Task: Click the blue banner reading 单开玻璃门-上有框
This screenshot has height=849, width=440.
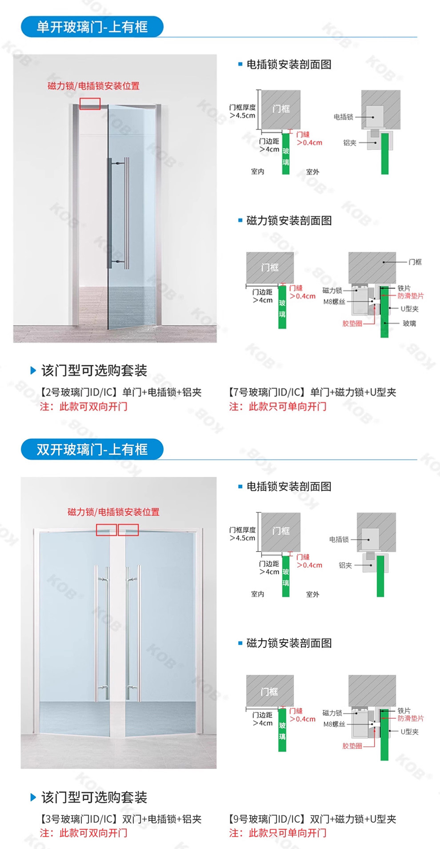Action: [x=92, y=27]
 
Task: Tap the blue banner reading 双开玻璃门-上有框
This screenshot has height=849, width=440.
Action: [x=92, y=449]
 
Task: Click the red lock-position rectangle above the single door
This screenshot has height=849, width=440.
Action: [x=90, y=104]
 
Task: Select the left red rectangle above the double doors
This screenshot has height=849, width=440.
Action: [x=106, y=530]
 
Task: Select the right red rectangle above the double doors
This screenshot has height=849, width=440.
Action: [x=128, y=530]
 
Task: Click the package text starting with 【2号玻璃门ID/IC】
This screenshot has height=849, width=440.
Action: [x=120, y=392]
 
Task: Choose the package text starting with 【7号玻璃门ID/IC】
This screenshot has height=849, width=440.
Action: [x=312, y=392]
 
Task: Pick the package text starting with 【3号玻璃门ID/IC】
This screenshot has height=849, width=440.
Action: [x=120, y=819]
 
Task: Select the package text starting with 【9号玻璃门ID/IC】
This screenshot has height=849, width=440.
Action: [x=312, y=819]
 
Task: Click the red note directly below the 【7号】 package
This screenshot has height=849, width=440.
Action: [x=278, y=406]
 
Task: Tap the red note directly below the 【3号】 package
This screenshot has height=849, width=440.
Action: [x=84, y=833]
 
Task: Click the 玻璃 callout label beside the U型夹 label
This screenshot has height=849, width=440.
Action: [x=409, y=323]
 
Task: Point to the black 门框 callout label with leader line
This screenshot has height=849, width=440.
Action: [x=415, y=262]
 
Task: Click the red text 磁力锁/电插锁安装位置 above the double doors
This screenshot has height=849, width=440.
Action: [x=113, y=512]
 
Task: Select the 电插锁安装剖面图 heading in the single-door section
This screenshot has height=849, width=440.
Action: [x=289, y=65]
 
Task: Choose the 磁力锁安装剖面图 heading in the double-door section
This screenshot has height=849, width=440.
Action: [x=289, y=643]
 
